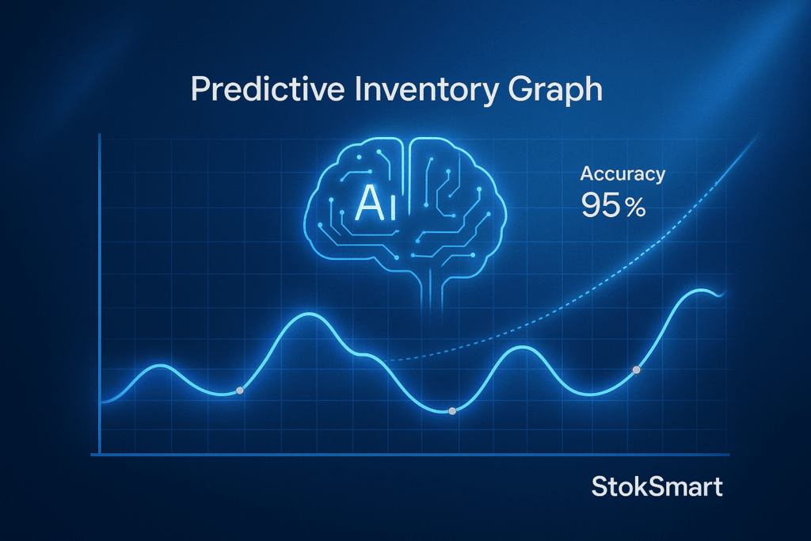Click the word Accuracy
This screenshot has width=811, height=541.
623,175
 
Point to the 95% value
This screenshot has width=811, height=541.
612,206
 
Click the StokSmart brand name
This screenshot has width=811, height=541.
657,486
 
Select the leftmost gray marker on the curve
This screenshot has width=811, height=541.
240,391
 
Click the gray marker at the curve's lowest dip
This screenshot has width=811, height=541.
451,411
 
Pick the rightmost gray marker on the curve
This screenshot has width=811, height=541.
635,370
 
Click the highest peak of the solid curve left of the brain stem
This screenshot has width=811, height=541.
307,315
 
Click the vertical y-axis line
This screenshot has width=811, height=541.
100,293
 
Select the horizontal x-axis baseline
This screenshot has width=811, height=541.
412,454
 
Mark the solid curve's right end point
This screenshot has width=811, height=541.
723,293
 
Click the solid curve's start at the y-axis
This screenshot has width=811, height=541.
102,402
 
